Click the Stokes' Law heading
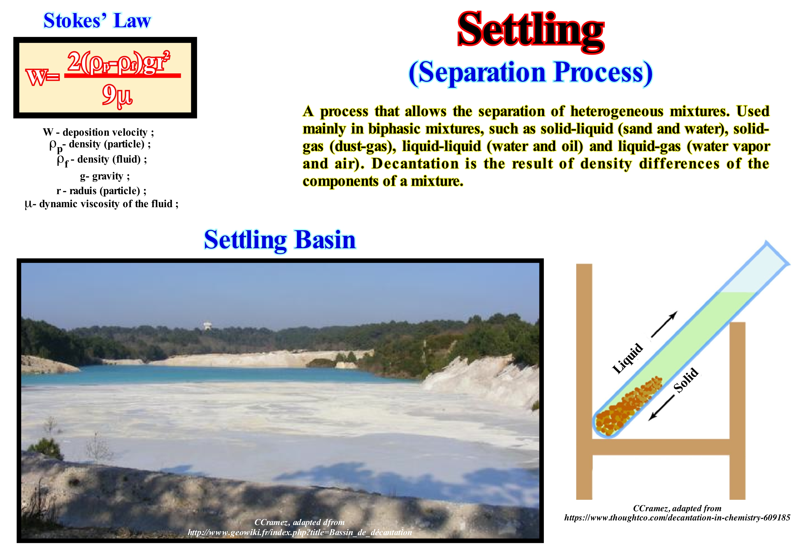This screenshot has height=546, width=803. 97,21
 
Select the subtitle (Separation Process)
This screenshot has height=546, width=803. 530,73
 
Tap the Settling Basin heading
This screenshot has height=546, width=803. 280,240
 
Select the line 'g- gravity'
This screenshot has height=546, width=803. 105,176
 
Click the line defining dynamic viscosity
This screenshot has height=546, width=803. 102,204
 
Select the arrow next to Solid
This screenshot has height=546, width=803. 661,408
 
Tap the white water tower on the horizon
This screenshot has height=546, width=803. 207,325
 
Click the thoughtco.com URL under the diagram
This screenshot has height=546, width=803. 677,518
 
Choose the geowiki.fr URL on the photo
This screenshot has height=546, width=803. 300,532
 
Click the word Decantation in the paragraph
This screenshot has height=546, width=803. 415,164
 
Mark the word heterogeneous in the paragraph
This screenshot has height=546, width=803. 617,111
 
